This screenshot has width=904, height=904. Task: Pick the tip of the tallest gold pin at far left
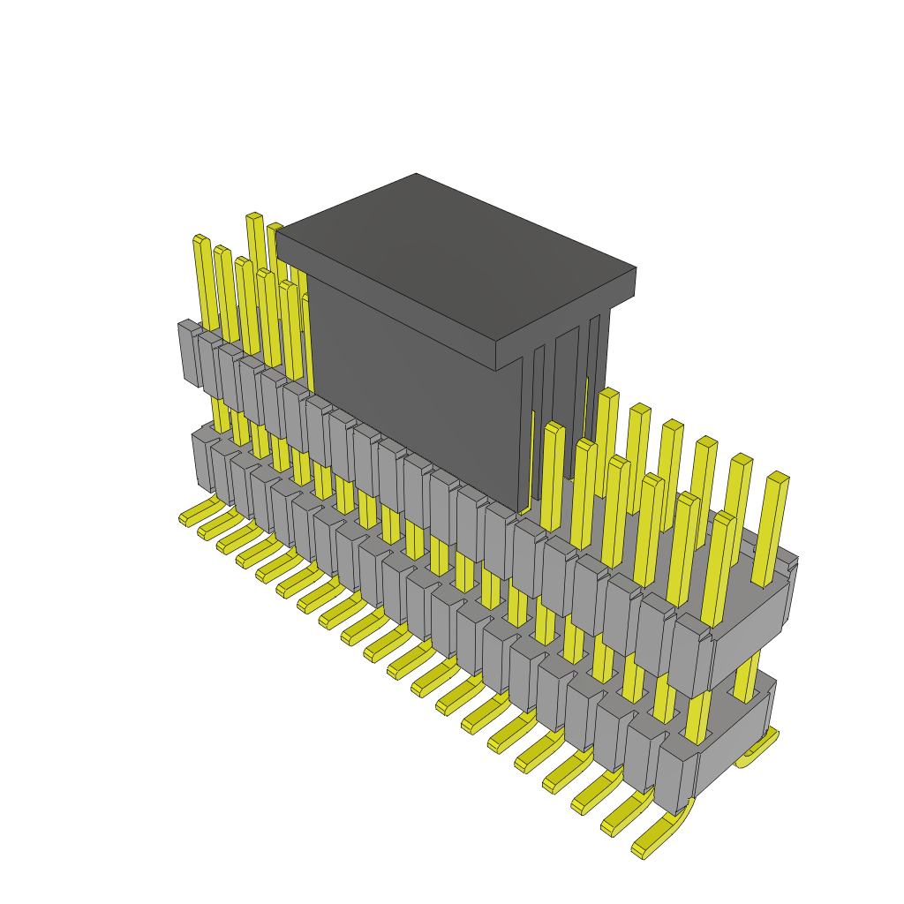coord(254,217)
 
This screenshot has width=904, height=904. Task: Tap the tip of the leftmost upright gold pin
coord(200,239)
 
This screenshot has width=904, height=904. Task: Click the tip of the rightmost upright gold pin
coord(777,478)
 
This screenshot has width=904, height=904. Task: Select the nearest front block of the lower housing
coord(673,777)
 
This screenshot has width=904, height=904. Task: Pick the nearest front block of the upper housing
coord(689,658)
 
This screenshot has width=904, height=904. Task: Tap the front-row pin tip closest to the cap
coord(554,429)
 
